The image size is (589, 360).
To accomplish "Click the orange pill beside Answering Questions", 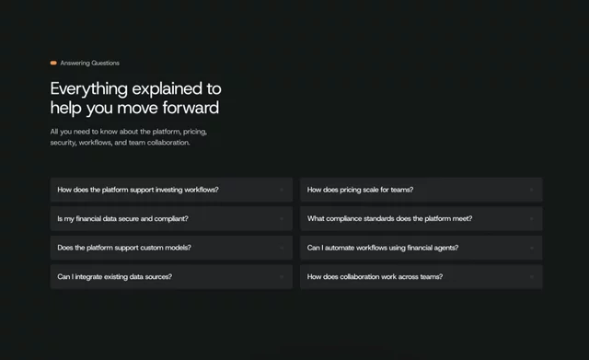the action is pos(53,63).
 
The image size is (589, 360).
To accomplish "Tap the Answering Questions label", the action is pos(90,64).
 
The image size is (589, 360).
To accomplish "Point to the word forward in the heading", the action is pos(191,108).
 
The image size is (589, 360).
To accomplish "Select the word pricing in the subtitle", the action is pos(194,132).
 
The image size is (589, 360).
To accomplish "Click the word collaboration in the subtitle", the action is pos(168,143).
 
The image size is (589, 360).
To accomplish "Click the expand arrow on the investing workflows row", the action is pos(282,190).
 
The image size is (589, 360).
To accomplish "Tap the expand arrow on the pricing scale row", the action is pos(532,190).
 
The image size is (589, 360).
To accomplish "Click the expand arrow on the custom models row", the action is pos(282,248).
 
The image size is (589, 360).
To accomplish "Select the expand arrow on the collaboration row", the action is pos(532,276).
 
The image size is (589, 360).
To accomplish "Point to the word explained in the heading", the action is pos(167,89).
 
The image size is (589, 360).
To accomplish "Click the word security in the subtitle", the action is pos(64,143).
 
